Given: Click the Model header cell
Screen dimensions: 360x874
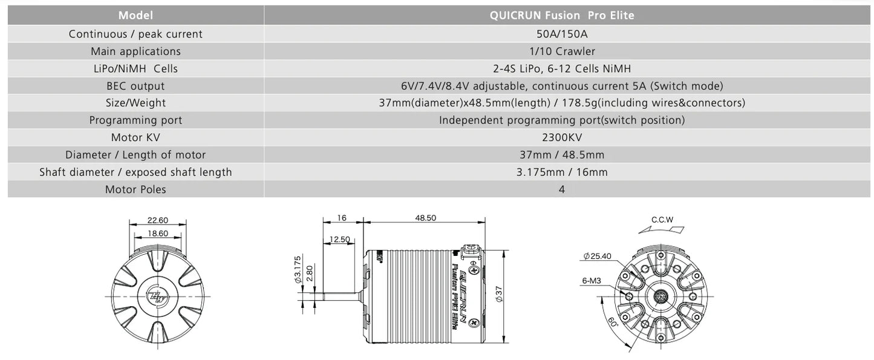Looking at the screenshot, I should pyautogui.click(x=135, y=15).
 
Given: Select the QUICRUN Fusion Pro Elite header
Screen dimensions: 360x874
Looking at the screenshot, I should pyautogui.click(x=562, y=15).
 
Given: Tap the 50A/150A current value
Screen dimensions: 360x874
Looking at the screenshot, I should pyautogui.click(x=562, y=34).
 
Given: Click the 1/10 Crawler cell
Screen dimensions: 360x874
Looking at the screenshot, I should pyautogui.click(x=562, y=51).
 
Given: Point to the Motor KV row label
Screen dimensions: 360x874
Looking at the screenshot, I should pyautogui.click(x=135, y=137).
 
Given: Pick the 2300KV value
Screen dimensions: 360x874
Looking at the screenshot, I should pyautogui.click(x=562, y=137).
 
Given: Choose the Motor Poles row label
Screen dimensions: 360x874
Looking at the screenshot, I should pyautogui.click(x=135, y=189).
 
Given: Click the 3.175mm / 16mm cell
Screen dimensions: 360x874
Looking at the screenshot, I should pyautogui.click(x=562, y=172).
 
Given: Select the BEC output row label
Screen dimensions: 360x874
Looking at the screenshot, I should pyautogui.click(x=135, y=86).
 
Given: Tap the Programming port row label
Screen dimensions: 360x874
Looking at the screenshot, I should pyautogui.click(x=135, y=120).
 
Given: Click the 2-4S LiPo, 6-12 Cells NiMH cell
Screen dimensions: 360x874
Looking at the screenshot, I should pyautogui.click(x=562, y=68).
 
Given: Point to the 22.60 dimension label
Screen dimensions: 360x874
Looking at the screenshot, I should pyautogui.click(x=158, y=220).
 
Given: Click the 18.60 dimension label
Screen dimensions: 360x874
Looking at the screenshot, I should pyautogui.click(x=158, y=233).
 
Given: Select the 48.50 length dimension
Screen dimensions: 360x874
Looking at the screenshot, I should pyautogui.click(x=426, y=218).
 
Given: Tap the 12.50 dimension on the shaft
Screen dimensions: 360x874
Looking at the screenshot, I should pyautogui.click(x=341, y=239).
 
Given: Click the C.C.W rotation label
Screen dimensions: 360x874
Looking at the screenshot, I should pyautogui.click(x=662, y=220).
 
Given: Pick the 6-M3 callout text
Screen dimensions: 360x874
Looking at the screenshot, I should pyautogui.click(x=591, y=281).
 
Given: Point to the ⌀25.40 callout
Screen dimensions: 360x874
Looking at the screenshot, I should pyautogui.click(x=597, y=257).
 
